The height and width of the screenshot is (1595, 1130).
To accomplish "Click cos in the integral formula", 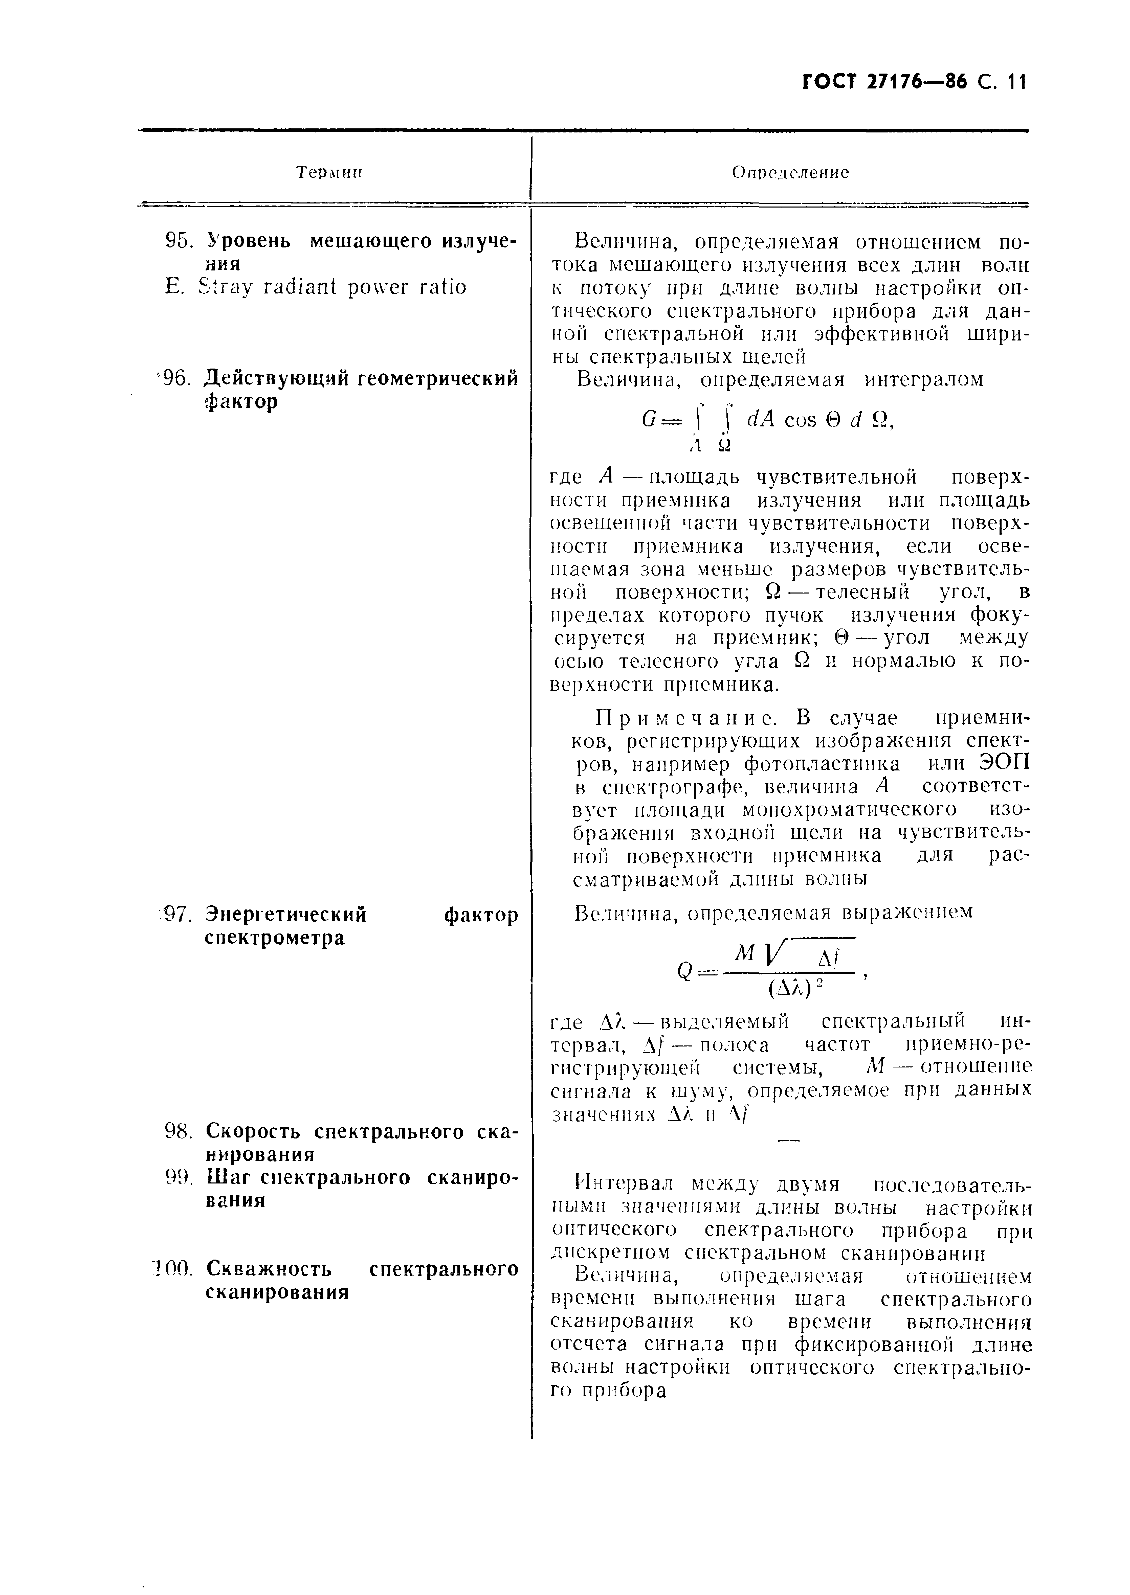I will point(800,420).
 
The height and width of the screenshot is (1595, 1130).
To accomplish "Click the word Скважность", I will point(269,1269).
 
